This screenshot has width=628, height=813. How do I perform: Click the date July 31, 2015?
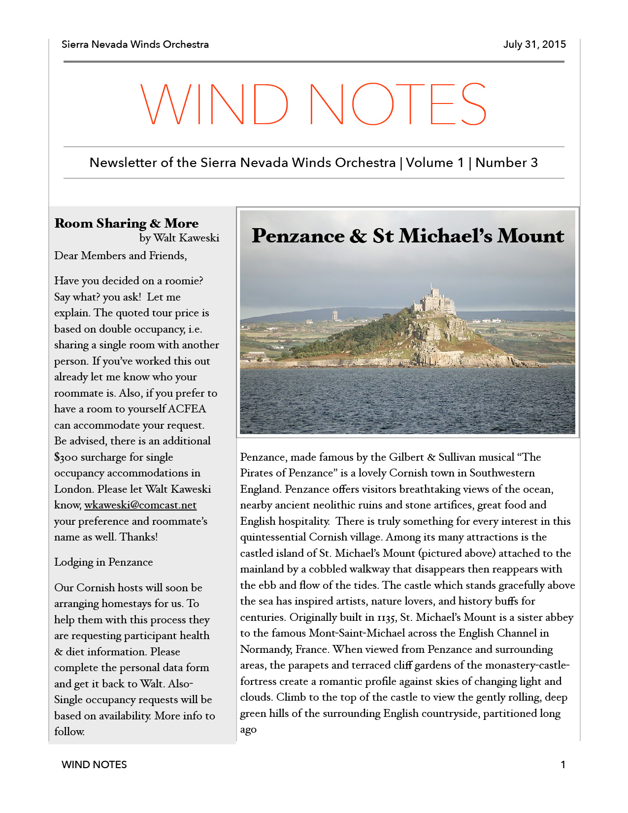534,44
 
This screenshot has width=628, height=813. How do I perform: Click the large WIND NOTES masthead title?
314,104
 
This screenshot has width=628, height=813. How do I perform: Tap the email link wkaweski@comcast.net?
140,505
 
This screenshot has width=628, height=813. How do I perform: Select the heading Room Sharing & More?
127,223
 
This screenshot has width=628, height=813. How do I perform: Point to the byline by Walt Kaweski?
179,238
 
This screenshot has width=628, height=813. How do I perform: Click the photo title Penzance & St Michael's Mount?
407,236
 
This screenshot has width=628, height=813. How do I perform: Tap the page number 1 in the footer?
563,765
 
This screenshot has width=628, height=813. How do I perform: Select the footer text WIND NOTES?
94,765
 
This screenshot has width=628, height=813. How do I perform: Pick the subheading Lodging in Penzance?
103,562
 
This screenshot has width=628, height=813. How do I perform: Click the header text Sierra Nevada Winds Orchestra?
135,44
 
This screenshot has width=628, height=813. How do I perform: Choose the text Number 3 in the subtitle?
506,163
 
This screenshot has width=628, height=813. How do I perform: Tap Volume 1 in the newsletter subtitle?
434,163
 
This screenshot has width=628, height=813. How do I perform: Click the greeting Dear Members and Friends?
120,256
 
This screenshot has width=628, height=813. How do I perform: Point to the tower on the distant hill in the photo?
335,315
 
